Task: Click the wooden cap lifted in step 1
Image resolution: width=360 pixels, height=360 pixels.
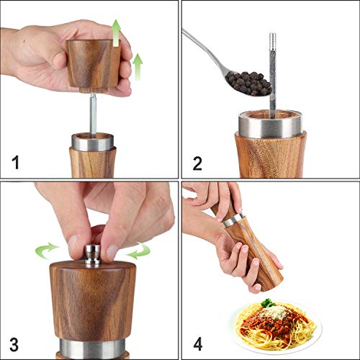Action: [x=92, y=63]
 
